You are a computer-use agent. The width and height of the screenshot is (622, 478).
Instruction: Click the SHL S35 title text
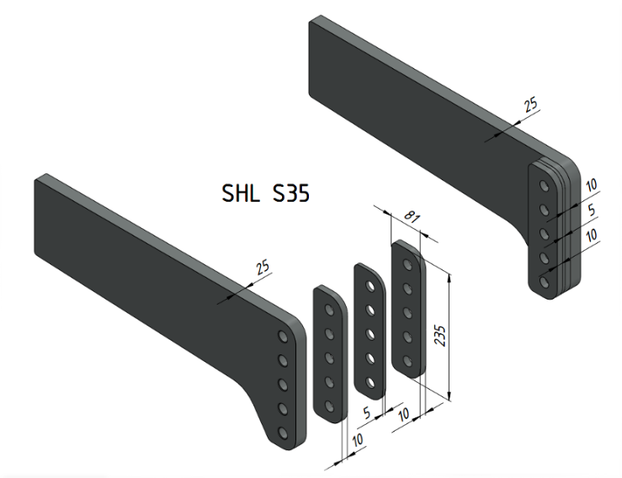(265, 194)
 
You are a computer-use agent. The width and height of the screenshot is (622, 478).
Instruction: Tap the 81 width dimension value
(412, 217)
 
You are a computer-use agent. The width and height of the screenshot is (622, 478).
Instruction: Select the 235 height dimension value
(440, 336)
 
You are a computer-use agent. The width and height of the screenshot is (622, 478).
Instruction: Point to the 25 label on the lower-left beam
(263, 267)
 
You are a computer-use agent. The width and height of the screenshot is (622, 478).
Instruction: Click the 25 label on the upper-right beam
(530, 104)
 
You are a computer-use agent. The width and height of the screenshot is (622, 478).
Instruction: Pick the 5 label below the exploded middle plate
(366, 412)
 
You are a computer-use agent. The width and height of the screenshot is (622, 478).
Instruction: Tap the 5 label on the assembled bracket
(592, 210)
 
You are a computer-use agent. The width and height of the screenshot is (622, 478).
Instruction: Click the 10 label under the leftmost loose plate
(358, 440)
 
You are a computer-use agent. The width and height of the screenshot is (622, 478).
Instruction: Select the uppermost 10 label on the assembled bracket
(591, 185)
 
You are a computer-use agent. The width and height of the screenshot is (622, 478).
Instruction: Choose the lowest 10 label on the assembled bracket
(591, 235)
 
